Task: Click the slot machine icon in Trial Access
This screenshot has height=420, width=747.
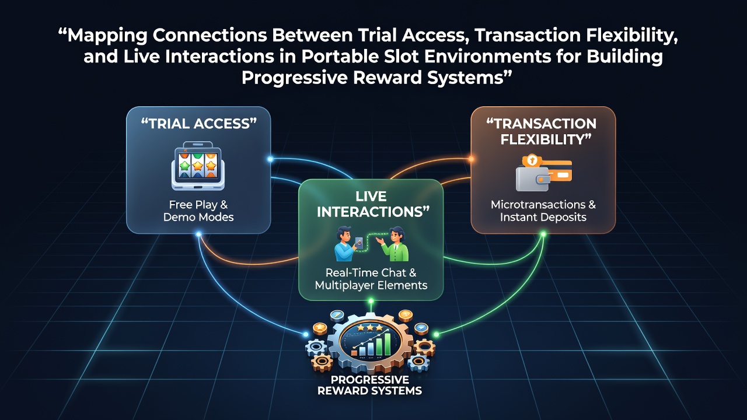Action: tap(198, 166)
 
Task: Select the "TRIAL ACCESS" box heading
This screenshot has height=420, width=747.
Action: tap(199, 124)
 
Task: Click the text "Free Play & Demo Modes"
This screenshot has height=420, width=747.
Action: tap(198, 211)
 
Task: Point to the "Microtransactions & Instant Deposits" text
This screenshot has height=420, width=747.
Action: tap(543, 211)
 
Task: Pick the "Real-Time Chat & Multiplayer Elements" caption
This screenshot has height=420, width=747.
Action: tap(371, 279)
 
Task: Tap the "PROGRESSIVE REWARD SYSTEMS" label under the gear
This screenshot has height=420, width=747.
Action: tap(369, 385)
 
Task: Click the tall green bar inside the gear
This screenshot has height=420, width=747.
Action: tap(387, 344)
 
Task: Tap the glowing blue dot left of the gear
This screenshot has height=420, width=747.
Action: tap(305, 334)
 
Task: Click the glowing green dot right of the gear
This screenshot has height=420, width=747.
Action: tap(436, 334)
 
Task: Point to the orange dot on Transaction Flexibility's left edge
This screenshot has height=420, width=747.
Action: tap(471, 159)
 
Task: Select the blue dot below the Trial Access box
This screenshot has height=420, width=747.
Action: tap(198, 234)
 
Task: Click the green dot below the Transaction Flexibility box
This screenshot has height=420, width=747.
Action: tap(543, 234)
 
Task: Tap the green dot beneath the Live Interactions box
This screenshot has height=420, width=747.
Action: tap(371, 302)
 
